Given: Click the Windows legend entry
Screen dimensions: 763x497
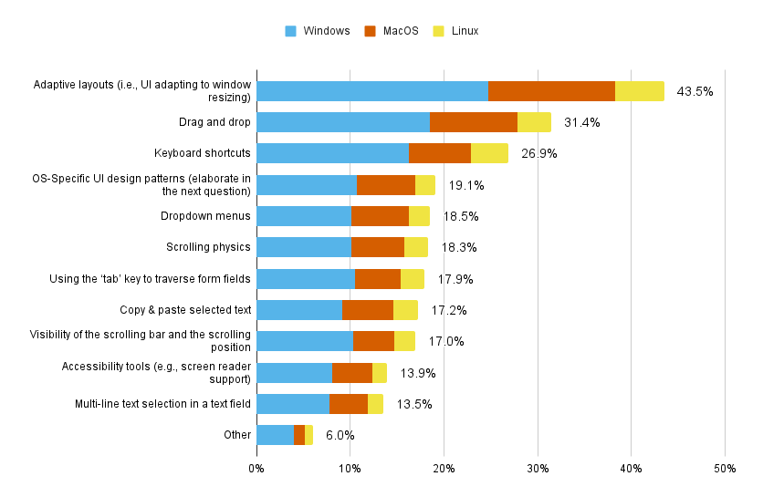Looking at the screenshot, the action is [x=318, y=31].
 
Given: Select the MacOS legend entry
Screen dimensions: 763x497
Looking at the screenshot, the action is [x=392, y=31].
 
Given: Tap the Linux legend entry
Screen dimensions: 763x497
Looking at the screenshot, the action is [x=456, y=31].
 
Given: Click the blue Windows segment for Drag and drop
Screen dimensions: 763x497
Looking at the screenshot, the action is [x=343, y=122].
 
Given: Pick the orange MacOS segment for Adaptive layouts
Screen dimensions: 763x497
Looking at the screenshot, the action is [x=551, y=91].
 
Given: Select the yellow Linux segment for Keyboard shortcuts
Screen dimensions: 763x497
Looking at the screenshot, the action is [x=489, y=153].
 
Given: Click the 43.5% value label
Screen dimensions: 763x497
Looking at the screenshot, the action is [x=695, y=91].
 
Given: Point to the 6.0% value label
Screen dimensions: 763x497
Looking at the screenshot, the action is [x=340, y=435].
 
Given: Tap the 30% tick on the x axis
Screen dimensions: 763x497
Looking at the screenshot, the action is [x=538, y=469].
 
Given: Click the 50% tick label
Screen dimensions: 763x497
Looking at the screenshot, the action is [x=725, y=469].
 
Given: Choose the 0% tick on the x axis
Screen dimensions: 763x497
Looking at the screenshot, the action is [x=256, y=469].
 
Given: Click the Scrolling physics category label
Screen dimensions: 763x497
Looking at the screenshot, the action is [x=208, y=247].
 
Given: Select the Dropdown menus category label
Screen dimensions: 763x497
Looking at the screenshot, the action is [x=205, y=216].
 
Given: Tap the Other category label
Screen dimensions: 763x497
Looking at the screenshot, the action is [x=237, y=435].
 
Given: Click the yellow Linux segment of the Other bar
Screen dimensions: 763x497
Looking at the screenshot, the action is [x=308, y=435].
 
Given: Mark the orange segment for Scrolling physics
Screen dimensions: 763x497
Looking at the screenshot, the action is [x=378, y=247].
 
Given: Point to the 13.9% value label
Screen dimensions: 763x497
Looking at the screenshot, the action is [x=418, y=373].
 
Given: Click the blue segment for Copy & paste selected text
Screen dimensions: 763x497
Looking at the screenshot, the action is [x=299, y=310].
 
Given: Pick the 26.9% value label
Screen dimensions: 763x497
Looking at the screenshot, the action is [x=539, y=154].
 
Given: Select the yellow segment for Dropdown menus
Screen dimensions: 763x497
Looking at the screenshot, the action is [x=419, y=216].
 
